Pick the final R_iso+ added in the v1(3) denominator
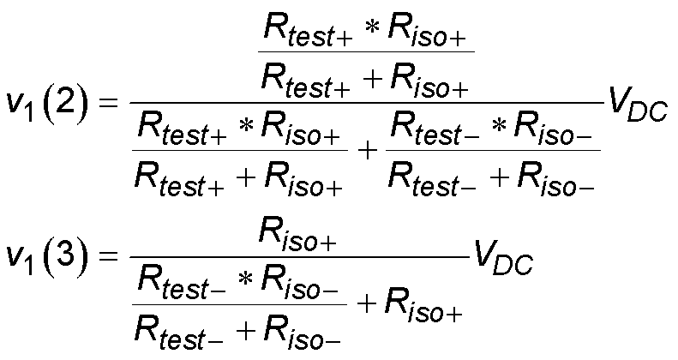click(x=423, y=312)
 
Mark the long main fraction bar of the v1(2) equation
click(x=364, y=102)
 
